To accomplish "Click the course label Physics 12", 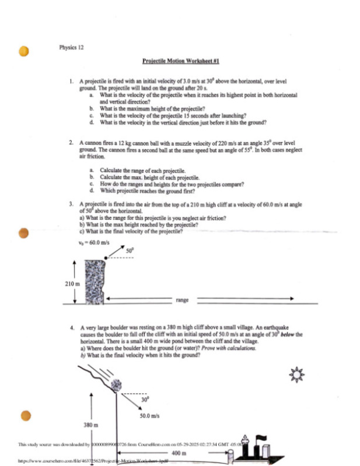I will coord(71,47).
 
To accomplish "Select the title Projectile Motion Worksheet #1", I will coord(180,61).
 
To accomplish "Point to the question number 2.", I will coord(70,142).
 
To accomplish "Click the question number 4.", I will coord(70,328).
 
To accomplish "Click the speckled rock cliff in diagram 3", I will coord(94,281).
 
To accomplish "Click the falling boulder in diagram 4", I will coord(116,384).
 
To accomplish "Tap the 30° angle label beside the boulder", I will coord(145,401).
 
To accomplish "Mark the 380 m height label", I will coord(88,425).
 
